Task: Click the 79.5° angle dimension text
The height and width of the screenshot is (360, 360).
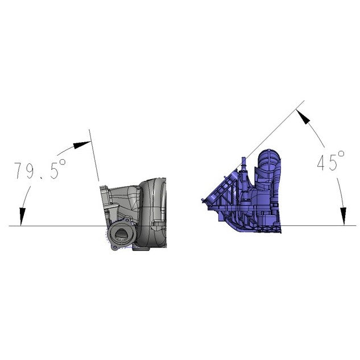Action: pos(40,169)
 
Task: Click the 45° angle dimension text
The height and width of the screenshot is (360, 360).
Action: pos(331,161)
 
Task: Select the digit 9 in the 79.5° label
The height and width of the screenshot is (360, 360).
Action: pos(30,170)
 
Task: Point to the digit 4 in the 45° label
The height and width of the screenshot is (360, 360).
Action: pos(322,162)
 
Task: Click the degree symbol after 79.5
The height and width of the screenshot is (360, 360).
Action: pos(62,162)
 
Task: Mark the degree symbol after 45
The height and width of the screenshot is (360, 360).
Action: pos(341,154)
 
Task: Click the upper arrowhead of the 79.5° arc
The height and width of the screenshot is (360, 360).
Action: pos(82,144)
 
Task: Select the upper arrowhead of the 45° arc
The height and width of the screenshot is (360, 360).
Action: pos(303,117)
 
